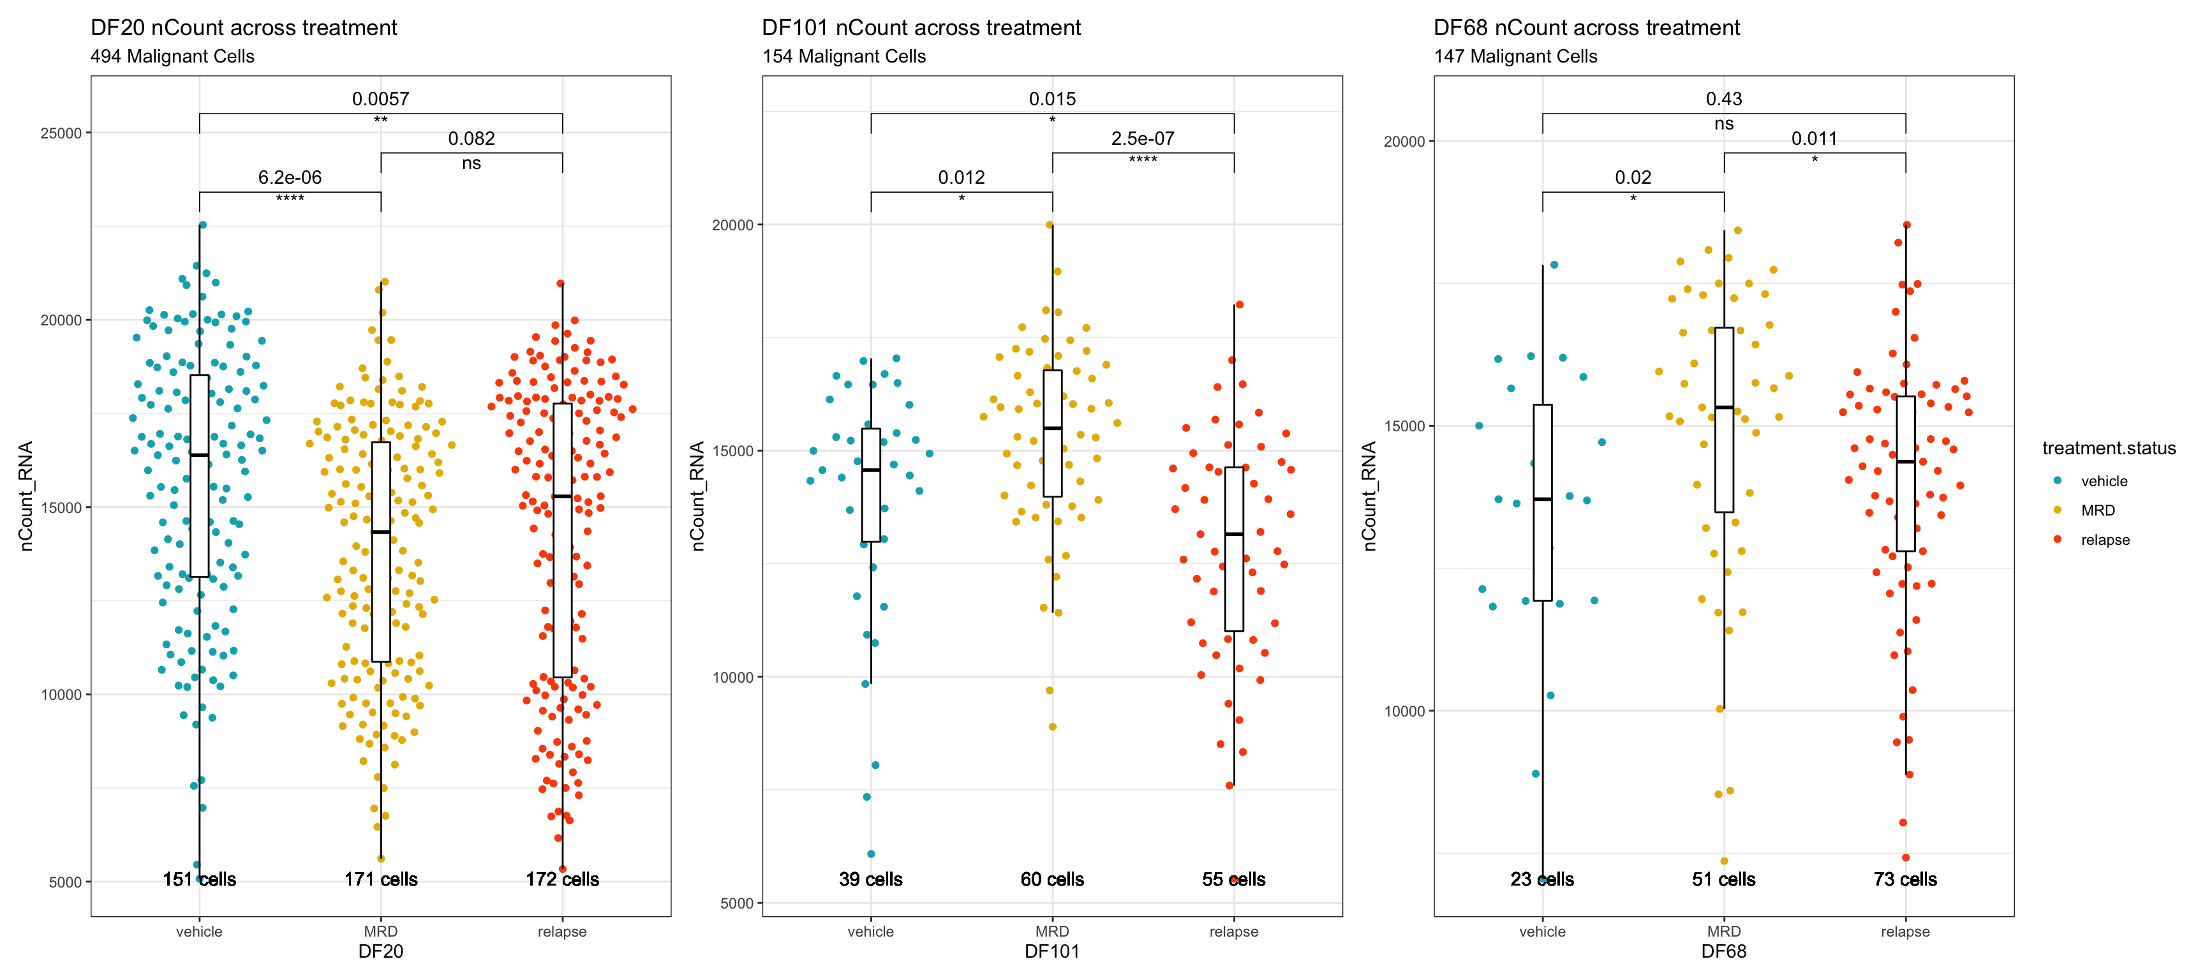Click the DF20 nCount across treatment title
point(243,27)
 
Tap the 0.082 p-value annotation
point(471,138)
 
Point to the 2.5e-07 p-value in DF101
point(1142,138)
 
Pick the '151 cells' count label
point(200,879)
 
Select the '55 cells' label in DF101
point(1233,879)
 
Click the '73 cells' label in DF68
point(1904,879)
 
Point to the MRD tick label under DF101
point(1052,932)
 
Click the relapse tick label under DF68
point(1904,932)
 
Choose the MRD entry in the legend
point(2097,510)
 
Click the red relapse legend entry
point(2105,540)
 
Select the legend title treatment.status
point(2108,448)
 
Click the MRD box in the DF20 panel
point(381,551)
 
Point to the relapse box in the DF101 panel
point(1233,549)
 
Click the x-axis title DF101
point(1052,952)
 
